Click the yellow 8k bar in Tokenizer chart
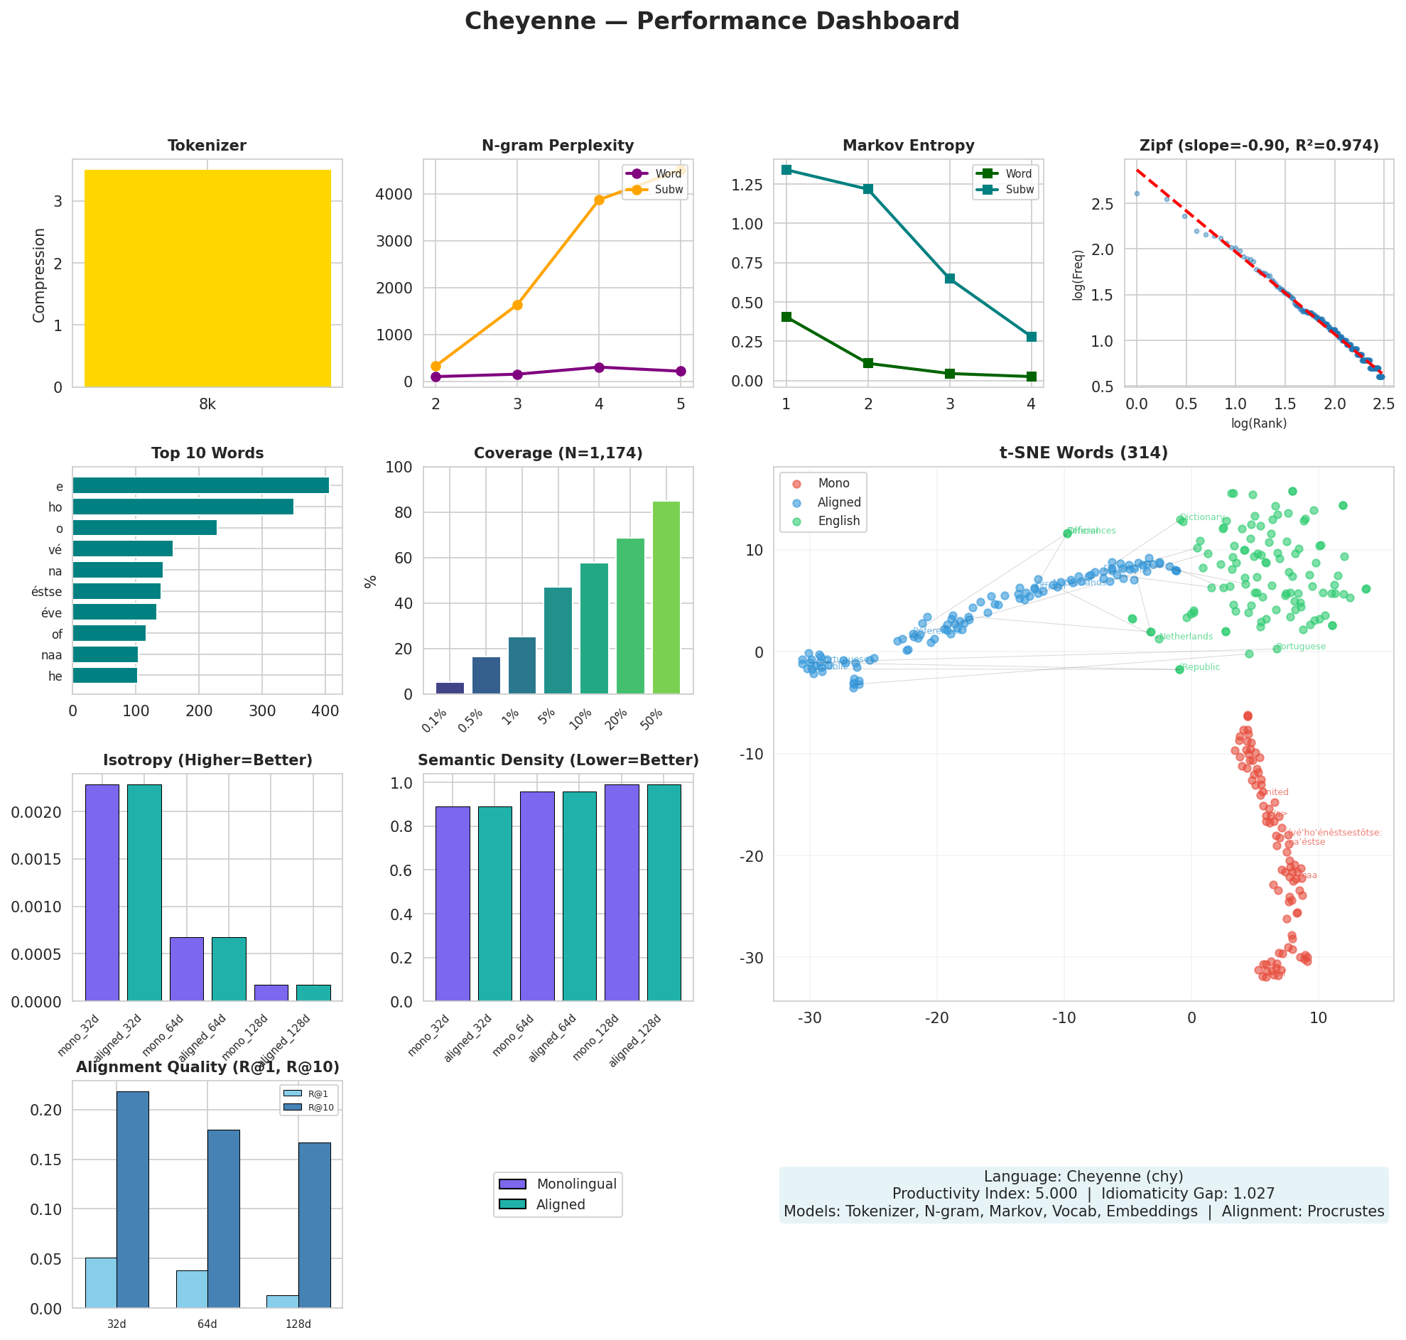(207, 279)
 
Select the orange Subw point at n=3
(517, 305)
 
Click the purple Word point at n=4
(598, 367)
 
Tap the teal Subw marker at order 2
(867, 188)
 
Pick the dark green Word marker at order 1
(786, 316)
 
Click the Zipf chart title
(1258, 146)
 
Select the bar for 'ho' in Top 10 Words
(183, 507)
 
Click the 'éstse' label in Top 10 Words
(47, 591)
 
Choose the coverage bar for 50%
(666, 597)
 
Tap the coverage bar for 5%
(558, 640)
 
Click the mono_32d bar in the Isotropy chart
(102, 892)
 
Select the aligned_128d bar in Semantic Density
(664, 892)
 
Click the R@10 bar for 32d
(133, 1201)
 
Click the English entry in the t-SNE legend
(838, 521)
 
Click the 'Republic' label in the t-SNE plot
(1201, 667)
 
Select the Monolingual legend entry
(575, 1184)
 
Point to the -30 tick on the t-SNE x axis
(809, 1018)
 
